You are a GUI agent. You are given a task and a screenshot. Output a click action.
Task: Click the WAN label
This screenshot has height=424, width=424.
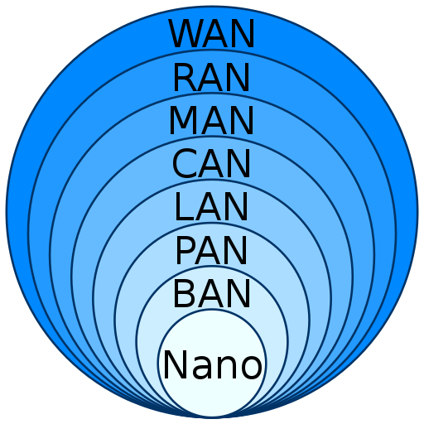(212, 34)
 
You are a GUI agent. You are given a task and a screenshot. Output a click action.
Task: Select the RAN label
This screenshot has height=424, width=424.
(212, 77)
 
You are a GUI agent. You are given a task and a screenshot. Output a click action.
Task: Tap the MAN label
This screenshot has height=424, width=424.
(212, 120)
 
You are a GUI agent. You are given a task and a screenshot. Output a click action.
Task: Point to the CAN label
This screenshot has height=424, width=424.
(212, 163)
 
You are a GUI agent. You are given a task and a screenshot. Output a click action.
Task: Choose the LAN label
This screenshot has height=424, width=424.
(212, 206)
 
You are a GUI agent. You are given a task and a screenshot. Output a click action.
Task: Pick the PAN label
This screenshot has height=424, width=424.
(212, 250)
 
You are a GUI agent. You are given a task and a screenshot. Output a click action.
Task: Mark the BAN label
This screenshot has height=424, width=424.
(212, 293)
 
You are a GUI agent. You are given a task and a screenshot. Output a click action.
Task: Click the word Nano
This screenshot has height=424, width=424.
(213, 364)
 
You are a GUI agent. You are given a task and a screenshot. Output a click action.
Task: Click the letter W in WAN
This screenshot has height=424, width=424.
(186, 34)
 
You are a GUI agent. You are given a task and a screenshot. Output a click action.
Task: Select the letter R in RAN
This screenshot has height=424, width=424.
(185, 77)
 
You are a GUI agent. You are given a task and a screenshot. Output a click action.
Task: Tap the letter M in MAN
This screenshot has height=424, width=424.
(183, 120)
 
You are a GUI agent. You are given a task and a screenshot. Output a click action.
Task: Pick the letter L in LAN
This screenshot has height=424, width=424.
(185, 206)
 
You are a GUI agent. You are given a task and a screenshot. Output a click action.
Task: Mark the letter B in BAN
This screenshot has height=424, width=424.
(185, 293)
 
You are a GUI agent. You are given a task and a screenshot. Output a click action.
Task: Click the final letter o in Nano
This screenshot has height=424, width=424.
(251, 368)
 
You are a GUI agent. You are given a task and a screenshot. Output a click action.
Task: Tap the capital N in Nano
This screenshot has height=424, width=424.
(176, 364)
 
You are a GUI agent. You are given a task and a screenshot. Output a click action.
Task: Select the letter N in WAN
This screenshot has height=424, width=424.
(243, 34)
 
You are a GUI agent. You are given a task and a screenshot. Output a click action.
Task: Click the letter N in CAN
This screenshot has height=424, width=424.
(239, 163)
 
